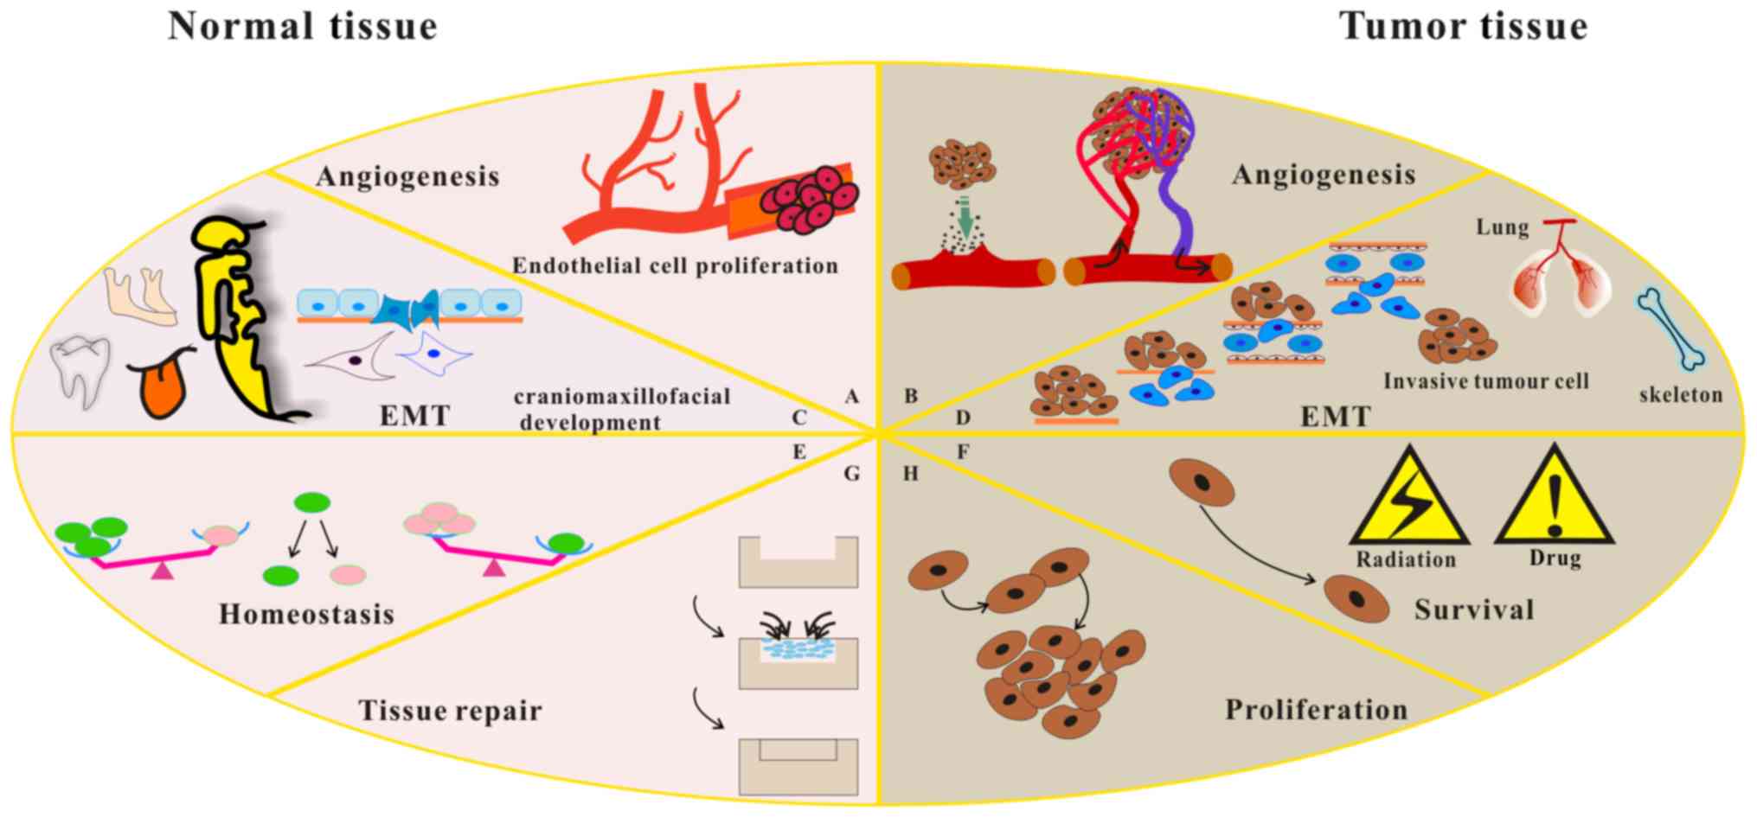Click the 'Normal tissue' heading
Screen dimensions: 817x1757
(303, 26)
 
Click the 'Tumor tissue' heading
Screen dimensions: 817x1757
(1463, 26)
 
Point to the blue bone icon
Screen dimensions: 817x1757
(1670, 329)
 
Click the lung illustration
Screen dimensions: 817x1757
(1561, 281)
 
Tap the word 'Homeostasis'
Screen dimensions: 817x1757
(306, 614)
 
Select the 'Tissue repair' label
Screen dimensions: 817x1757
(450, 711)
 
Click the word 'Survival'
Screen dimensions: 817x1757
(1474, 610)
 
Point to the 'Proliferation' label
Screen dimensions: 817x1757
(1316, 710)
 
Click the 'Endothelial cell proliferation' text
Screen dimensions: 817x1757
(675, 265)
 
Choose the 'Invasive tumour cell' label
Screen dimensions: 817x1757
(1485, 381)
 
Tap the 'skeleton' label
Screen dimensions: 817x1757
(1680, 395)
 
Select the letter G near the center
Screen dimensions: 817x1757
(851, 474)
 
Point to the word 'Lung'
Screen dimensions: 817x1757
(1502, 227)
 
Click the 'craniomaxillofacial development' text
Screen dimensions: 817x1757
(621, 409)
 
